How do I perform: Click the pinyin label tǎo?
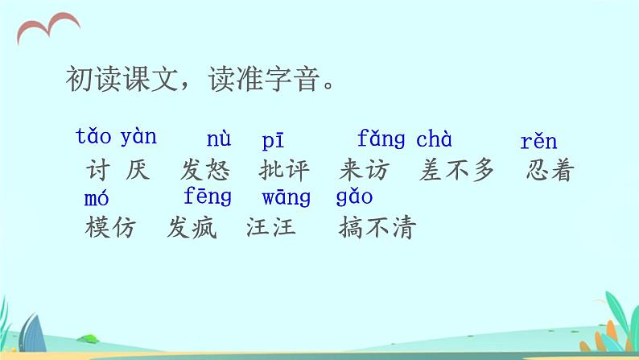point(94,136)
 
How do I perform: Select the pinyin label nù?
point(218,139)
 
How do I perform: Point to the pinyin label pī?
point(272,141)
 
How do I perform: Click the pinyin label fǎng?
point(381,139)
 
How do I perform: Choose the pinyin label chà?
point(434,139)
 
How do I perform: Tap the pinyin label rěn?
point(538,143)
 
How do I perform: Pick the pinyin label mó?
point(97,198)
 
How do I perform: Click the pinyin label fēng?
point(208,197)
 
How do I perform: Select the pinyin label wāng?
point(286,198)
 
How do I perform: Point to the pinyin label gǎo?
point(354,198)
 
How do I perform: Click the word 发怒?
point(205,171)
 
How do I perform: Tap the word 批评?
point(285,171)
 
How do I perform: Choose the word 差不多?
point(456,171)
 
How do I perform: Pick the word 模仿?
point(110,229)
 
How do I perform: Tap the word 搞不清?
point(377,229)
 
